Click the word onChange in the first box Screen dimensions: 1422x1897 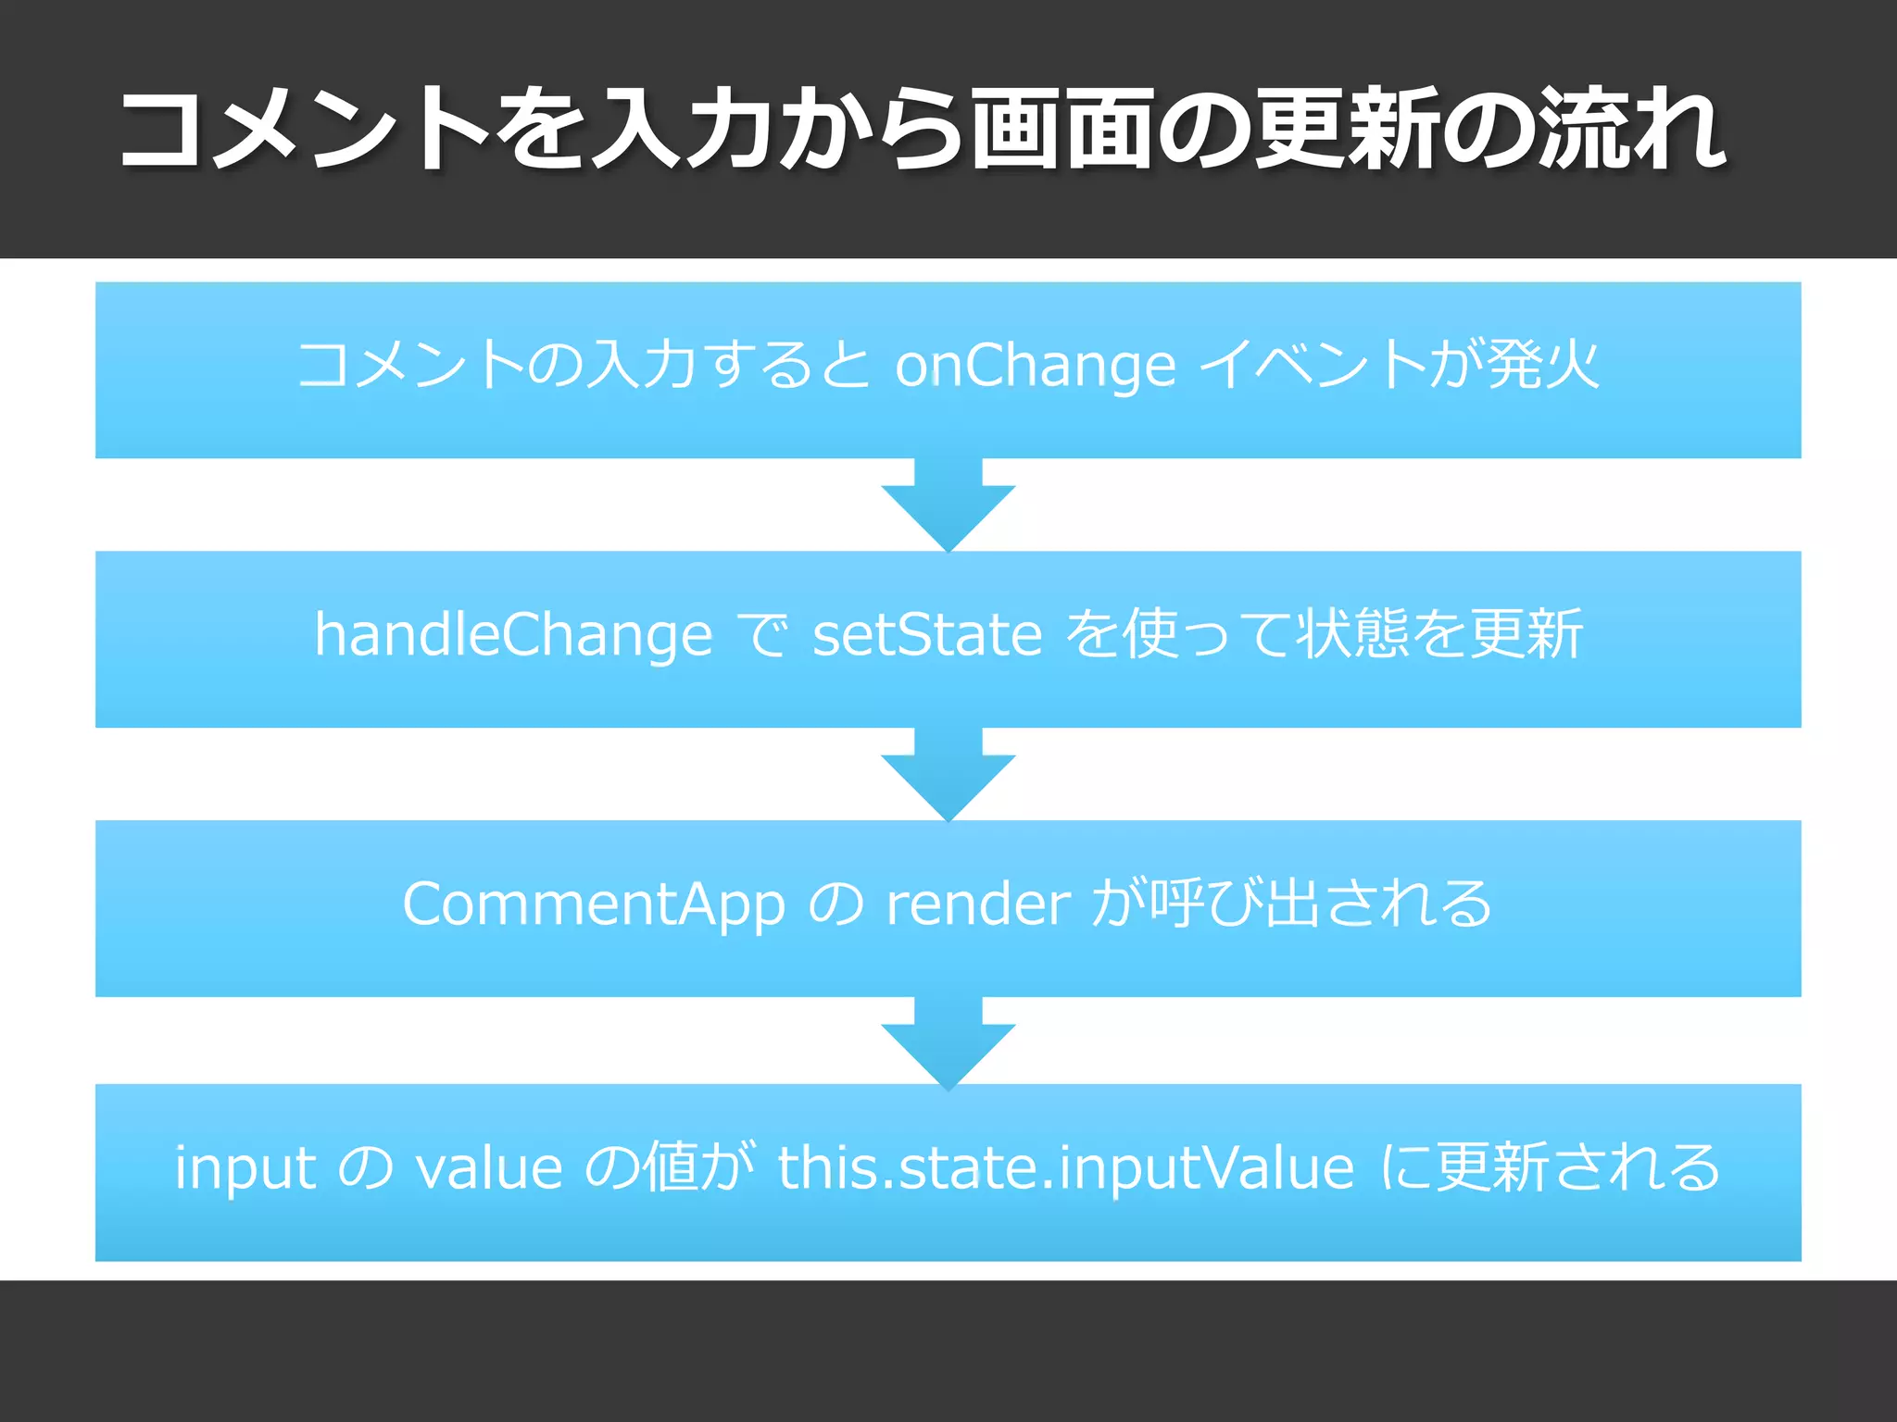pyautogui.click(x=1035, y=367)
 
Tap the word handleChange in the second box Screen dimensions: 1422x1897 pyautogui.click(x=513, y=636)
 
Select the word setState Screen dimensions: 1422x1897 pyautogui.click(x=927, y=636)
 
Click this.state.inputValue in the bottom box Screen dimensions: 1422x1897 pyautogui.click(x=1066, y=1168)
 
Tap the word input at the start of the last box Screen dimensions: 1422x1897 pyautogui.click(x=245, y=1168)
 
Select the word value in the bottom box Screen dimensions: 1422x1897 pyautogui.click(x=489, y=1168)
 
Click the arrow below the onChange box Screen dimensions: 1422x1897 pyautogui.click(x=948, y=505)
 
